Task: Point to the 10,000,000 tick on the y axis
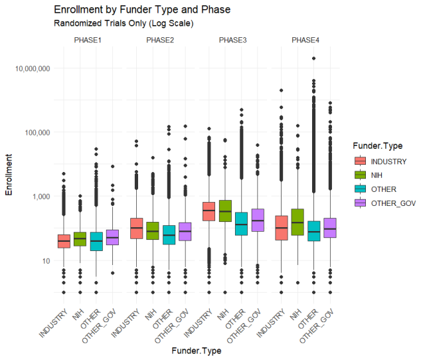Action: (42, 68)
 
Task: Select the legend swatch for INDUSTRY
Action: (361, 161)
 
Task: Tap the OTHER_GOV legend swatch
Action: (361, 203)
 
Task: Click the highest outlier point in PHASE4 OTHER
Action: (313, 58)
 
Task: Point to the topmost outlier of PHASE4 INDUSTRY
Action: (282, 90)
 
